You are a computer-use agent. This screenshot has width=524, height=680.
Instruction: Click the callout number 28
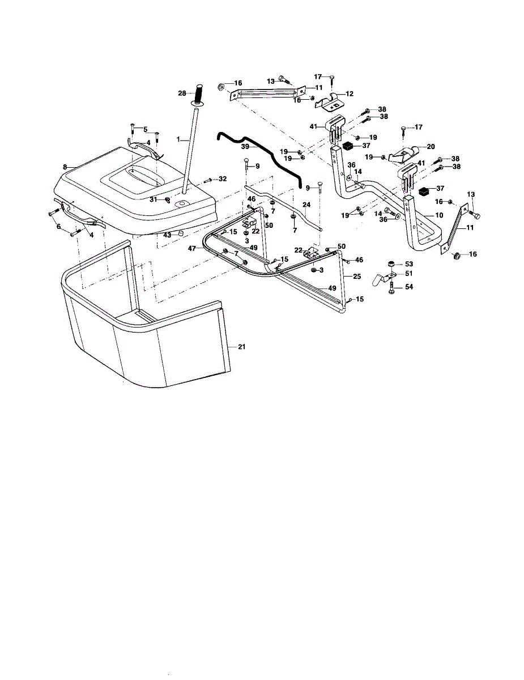click(182, 92)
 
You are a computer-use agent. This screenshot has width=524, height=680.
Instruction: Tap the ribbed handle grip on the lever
click(199, 92)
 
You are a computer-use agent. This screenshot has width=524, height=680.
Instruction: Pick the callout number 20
click(431, 146)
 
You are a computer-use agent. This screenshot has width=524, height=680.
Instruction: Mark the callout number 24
click(306, 205)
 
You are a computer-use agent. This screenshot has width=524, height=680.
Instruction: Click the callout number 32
click(223, 179)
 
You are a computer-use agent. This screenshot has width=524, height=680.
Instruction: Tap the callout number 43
click(167, 235)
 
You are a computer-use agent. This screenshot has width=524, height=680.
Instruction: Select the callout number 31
click(153, 199)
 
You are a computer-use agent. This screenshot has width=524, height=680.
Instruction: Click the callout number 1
click(178, 138)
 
